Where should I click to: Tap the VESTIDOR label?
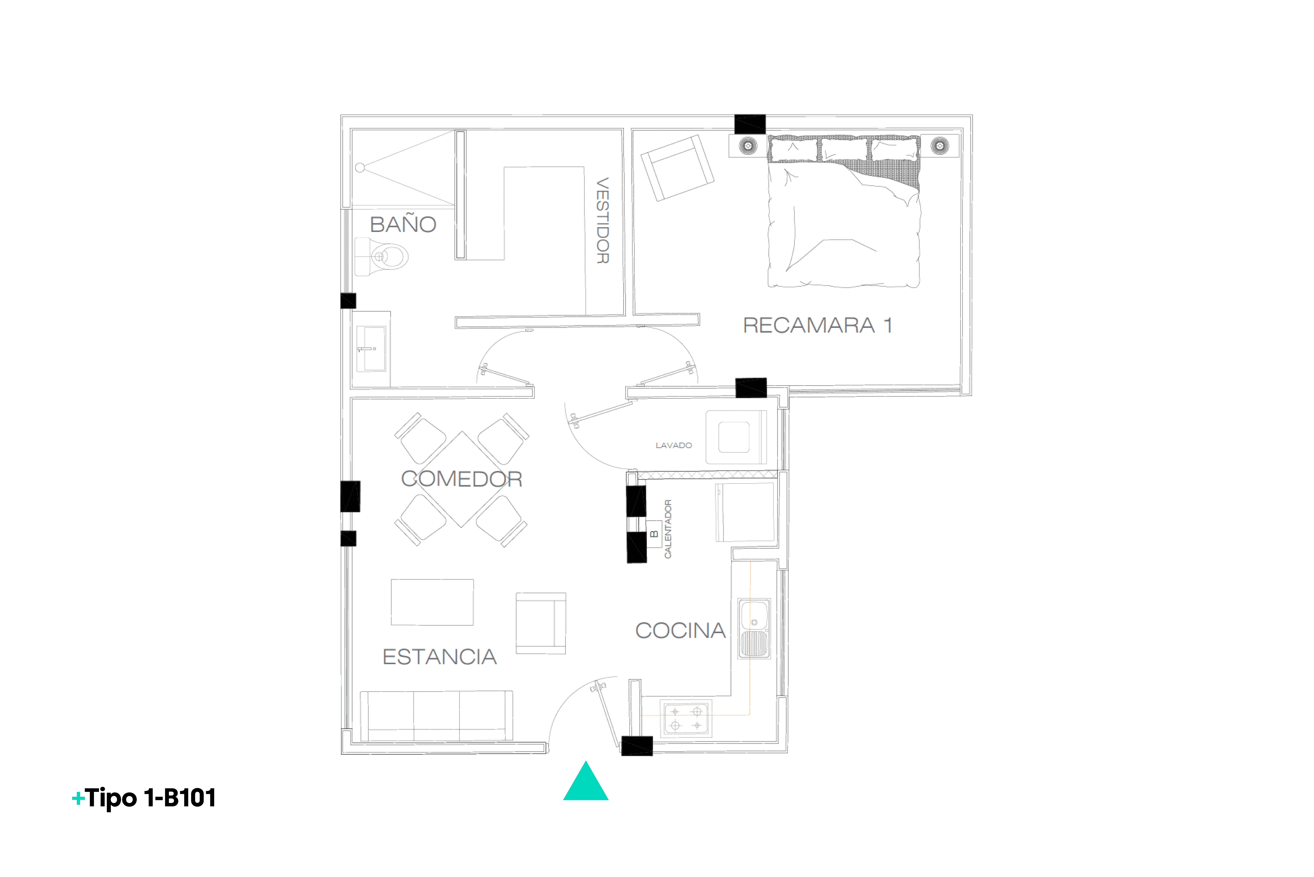[x=603, y=220]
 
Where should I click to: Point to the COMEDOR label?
[x=462, y=479]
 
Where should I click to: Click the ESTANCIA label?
[x=440, y=657]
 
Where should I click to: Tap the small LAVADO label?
[x=674, y=445]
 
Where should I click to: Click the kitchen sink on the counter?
[x=754, y=629]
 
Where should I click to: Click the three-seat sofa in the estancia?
[x=436, y=716]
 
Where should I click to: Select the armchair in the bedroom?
[x=677, y=168]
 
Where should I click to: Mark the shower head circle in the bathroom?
[x=360, y=167]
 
